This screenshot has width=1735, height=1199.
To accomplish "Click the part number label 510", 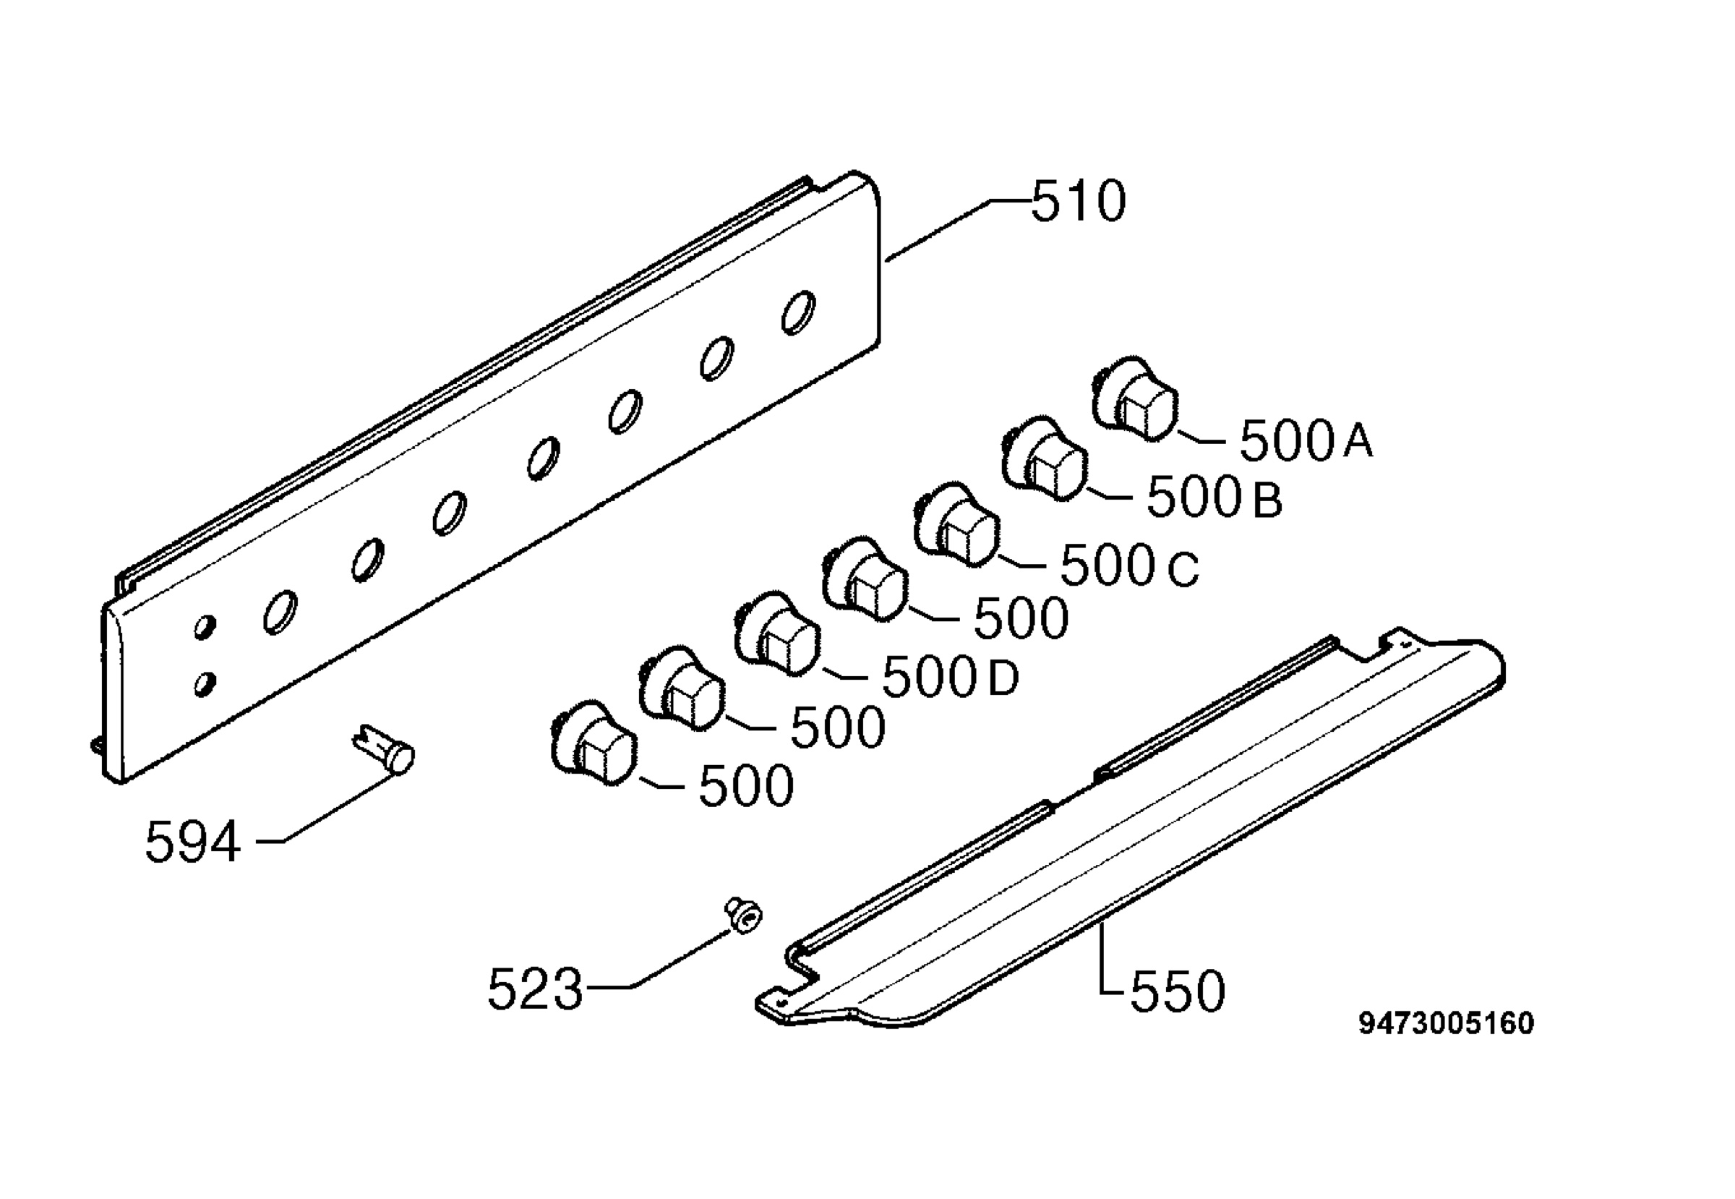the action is pyautogui.click(x=1079, y=201).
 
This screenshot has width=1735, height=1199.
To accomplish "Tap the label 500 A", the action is pyautogui.click(x=1306, y=440).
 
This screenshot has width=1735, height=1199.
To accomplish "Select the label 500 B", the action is pyautogui.click(x=1214, y=498).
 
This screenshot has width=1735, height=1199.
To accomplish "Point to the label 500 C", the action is pyautogui.click(x=1129, y=565).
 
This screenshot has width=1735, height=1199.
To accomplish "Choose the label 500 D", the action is pyautogui.click(x=950, y=677).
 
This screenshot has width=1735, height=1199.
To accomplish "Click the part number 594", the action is pyautogui.click(x=193, y=842).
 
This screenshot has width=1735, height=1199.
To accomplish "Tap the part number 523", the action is pyautogui.click(x=536, y=989).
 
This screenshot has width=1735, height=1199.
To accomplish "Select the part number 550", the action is pyautogui.click(x=1178, y=991).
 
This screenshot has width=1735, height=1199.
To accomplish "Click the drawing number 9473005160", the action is pyautogui.click(x=1446, y=1024).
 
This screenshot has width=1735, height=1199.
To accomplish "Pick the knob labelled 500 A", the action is pyautogui.click(x=1134, y=400).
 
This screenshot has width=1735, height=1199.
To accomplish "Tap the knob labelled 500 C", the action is pyautogui.click(x=956, y=524).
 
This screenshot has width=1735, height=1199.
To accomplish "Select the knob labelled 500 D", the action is pyautogui.click(x=776, y=633).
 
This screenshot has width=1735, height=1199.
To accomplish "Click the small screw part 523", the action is pyautogui.click(x=742, y=916).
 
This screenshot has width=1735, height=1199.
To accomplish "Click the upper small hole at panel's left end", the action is pyautogui.click(x=205, y=627).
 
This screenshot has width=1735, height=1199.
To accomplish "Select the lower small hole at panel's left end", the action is pyautogui.click(x=205, y=683).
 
